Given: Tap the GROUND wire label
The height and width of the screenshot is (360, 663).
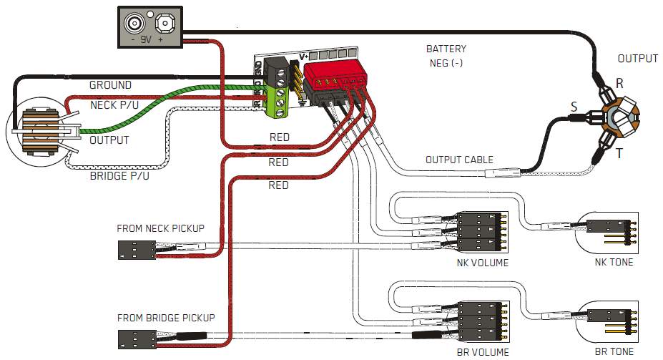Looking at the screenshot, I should [x=110, y=85].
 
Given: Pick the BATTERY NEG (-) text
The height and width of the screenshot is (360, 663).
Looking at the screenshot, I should [x=446, y=56].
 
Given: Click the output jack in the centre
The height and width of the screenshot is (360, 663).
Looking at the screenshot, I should [x=618, y=118].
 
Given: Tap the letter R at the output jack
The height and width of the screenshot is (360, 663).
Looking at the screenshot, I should [x=619, y=83].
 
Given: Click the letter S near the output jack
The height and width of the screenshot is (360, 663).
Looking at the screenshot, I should [x=574, y=107].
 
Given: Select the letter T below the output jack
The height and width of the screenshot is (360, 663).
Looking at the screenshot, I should [x=619, y=152].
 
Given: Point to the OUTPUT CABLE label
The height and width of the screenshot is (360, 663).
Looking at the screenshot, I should [x=458, y=160].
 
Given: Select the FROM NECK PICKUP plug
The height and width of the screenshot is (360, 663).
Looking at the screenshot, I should [x=136, y=250].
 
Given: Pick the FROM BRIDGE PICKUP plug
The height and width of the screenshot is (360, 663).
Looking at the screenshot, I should [x=136, y=339].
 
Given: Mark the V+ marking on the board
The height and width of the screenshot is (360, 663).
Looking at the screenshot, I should [x=303, y=57].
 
